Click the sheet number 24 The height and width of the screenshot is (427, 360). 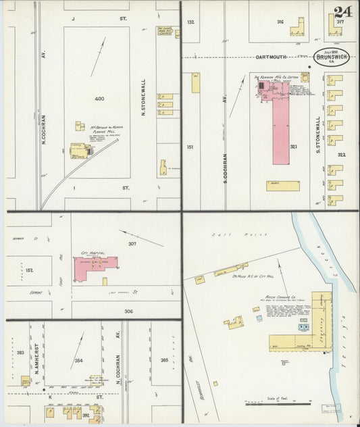coord(342,11)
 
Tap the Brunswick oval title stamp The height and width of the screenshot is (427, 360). coord(331,58)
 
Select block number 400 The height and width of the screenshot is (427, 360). coord(99,99)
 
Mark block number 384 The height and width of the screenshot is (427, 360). coord(79,361)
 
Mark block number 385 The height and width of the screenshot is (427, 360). coord(164,361)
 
